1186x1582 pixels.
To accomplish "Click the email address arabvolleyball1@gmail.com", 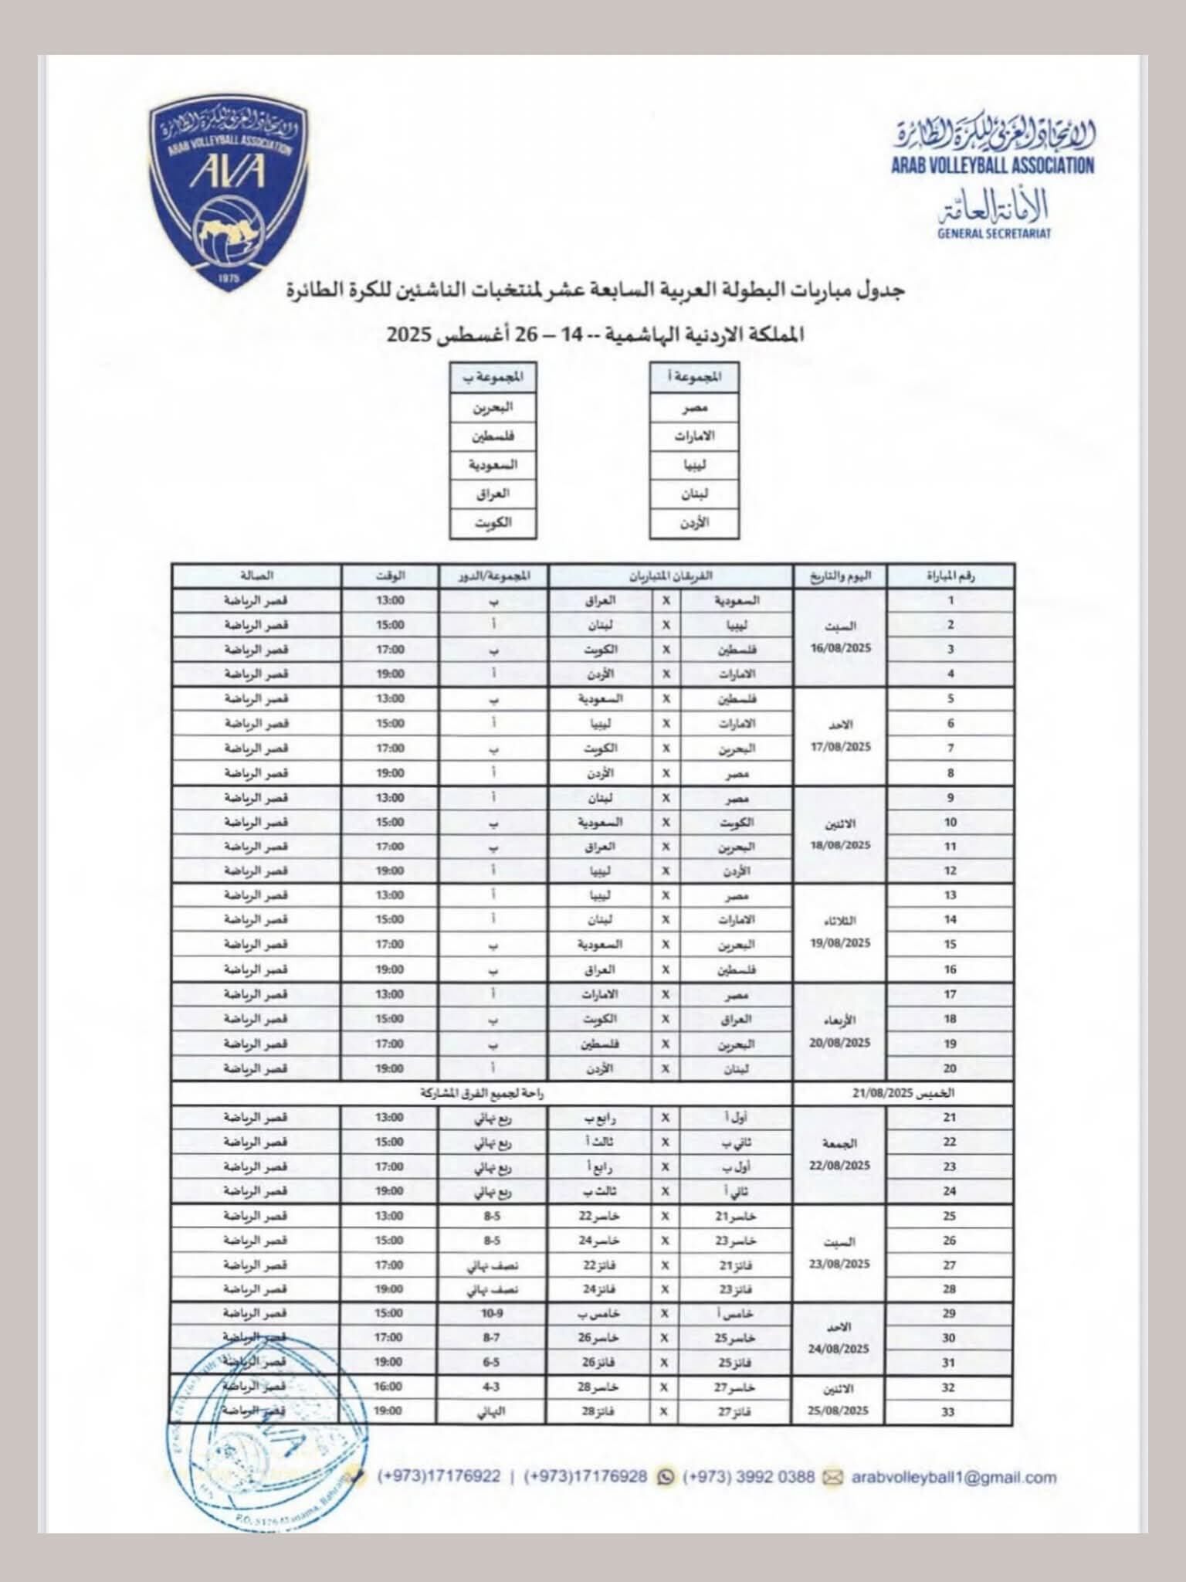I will click(x=954, y=1477).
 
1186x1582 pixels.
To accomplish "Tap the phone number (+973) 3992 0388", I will click(x=748, y=1477).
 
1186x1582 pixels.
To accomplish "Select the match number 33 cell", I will click(x=949, y=1411).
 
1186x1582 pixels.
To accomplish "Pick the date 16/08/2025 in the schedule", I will click(x=840, y=649).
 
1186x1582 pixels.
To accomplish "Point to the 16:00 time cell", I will click(x=389, y=1387).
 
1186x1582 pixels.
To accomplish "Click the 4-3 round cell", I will click(x=491, y=1387).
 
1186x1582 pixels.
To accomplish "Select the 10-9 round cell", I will click(x=492, y=1313).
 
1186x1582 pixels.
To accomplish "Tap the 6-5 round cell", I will click(x=491, y=1362).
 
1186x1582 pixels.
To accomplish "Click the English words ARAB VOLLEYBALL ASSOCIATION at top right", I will click(x=992, y=165).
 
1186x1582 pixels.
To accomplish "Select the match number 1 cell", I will click(x=950, y=600).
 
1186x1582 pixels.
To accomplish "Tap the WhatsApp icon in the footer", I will click(x=664, y=1477).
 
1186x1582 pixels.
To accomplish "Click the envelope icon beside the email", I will click(x=832, y=1477).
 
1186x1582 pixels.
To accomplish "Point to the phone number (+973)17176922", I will click(x=439, y=1477).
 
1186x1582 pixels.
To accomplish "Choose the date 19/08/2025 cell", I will click(x=840, y=943).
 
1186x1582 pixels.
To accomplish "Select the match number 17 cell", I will click(x=950, y=994).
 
